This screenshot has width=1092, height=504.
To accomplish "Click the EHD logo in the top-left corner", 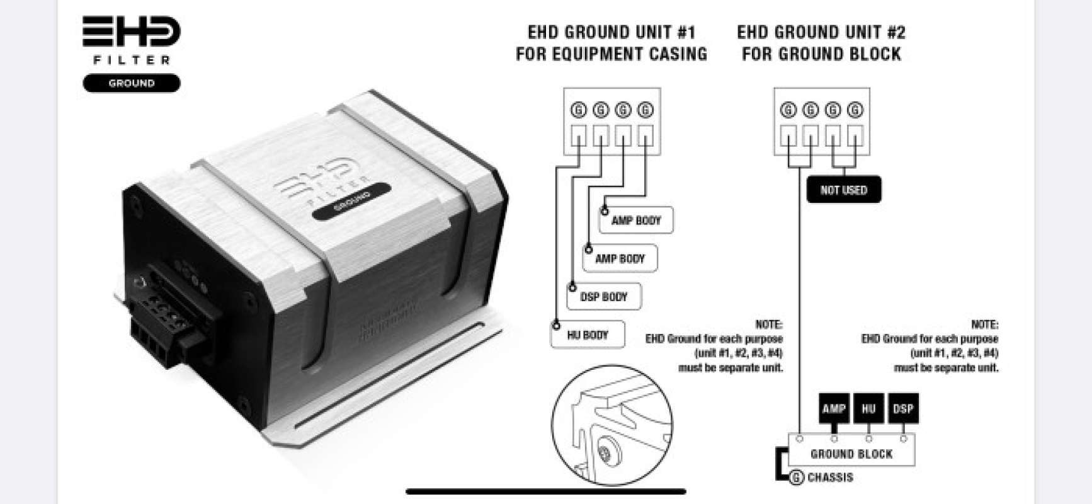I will pos(131,31).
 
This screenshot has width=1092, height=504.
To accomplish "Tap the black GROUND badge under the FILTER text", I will pos(131,83).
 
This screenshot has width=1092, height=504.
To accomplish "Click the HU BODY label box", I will pos(587,335).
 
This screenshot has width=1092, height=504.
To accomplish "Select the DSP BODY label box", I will pos(603,297).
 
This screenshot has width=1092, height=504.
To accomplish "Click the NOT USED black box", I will pos(843,190).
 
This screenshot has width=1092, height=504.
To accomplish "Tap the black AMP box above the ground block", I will pos(833,408).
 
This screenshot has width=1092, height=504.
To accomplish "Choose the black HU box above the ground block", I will pos(868,408).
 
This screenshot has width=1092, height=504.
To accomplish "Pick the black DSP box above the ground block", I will pos(903,408).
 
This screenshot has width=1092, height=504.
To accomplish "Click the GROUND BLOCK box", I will pos(851,454).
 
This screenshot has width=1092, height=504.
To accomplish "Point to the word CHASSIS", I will pos(830,478).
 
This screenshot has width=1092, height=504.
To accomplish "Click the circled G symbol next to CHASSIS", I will pos(797,478).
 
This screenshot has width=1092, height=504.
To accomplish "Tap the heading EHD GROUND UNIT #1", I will pos(611,32).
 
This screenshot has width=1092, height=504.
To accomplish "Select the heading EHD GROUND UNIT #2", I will pos(821,32).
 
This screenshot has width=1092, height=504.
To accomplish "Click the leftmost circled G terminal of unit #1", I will pos(578,110).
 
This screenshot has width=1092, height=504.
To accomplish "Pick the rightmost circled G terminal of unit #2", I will pos(855,110).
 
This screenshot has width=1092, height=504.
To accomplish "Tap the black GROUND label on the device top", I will pos(351,201).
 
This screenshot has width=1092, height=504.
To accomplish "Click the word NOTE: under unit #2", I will pos(984,324).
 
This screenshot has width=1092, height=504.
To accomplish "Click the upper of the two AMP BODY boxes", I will pos(635,220).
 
